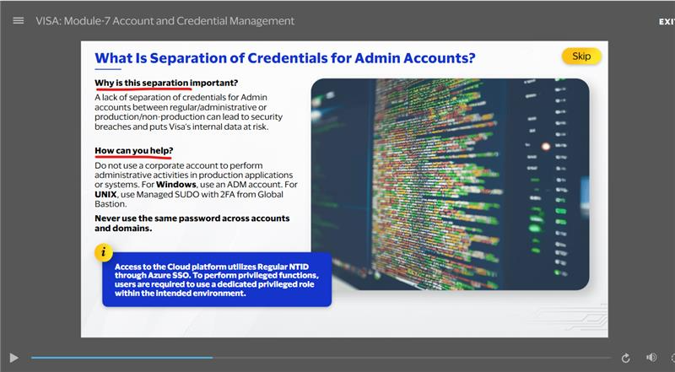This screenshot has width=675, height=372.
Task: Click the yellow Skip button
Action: pos(581,56)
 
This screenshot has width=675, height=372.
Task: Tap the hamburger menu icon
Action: pos(19,20)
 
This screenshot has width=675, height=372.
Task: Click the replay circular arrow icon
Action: pos(625,358)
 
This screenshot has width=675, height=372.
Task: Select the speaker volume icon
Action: pos(651,358)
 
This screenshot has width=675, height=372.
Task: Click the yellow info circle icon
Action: pos(103,253)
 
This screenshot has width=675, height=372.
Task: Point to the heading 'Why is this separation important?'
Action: pos(166,83)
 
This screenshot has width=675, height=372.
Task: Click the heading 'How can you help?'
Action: pos(134,151)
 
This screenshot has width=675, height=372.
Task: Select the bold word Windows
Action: pos(176,185)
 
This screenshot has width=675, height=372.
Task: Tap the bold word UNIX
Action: pos(105,195)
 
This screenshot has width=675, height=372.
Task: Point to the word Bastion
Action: pos(111,204)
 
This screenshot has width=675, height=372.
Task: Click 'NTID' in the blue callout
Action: pos(299,267)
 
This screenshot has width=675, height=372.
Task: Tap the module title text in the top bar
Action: pos(165,21)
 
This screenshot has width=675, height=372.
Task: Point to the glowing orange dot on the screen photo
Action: pos(546,147)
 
